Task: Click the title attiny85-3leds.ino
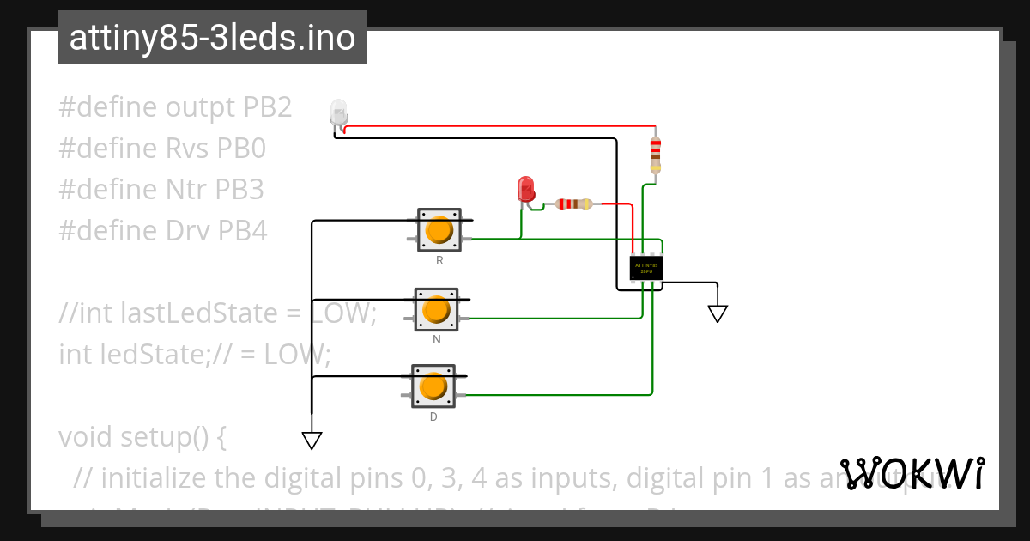tap(212, 38)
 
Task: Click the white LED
tap(338, 113)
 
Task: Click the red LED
tap(525, 189)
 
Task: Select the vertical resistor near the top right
tap(656, 154)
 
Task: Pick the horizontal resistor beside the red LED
tap(573, 204)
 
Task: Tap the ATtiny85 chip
tap(645, 268)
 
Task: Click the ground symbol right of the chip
tap(718, 313)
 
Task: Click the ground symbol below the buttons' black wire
tap(312, 440)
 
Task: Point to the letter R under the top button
tap(439, 260)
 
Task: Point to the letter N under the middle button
tap(436, 340)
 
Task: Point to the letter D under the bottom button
tap(433, 417)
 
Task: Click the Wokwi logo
tap(912, 473)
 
